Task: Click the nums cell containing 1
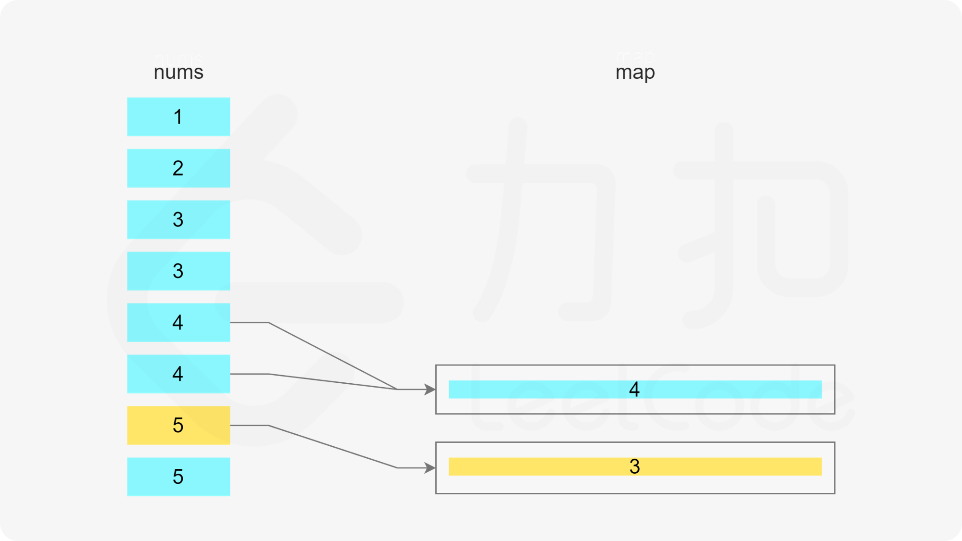(178, 117)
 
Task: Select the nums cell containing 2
(178, 168)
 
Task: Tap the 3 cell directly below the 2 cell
(178, 220)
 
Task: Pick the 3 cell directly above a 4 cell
(178, 271)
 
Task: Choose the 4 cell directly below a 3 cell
(178, 323)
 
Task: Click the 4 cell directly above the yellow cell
(178, 374)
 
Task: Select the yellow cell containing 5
(178, 426)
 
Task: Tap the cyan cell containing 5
(178, 477)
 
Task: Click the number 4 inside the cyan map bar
(634, 390)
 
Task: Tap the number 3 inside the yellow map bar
(634, 466)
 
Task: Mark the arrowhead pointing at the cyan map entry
(430, 390)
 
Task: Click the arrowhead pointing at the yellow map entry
(430, 467)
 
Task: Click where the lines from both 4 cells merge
(397, 389)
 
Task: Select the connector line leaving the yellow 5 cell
(332, 446)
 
